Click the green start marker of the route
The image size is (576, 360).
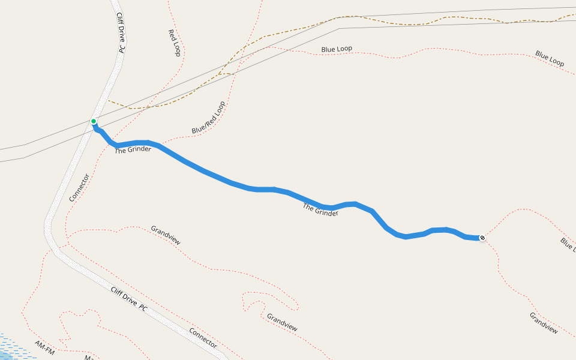(94, 121)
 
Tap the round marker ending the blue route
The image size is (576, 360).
(482, 238)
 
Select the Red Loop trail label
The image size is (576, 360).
(175, 43)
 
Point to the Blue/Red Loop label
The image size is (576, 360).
(208, 118)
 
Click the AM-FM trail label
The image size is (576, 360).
(44, 348)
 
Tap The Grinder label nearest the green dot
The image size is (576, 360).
(133, 150)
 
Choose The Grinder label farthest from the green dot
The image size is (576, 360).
(320, 209)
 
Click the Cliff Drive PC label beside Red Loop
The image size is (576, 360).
(121, 33)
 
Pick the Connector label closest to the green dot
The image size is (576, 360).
(79, 188)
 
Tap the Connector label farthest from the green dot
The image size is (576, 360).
(203, 338)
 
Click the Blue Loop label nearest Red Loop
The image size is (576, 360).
(337, 49)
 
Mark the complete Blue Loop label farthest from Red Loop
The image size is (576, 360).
(550, 58)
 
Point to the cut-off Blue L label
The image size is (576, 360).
(568, 244)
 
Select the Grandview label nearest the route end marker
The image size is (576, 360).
(544, 323)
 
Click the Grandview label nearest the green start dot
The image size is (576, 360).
(166, 235)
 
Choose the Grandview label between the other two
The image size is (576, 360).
(282, 323)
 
